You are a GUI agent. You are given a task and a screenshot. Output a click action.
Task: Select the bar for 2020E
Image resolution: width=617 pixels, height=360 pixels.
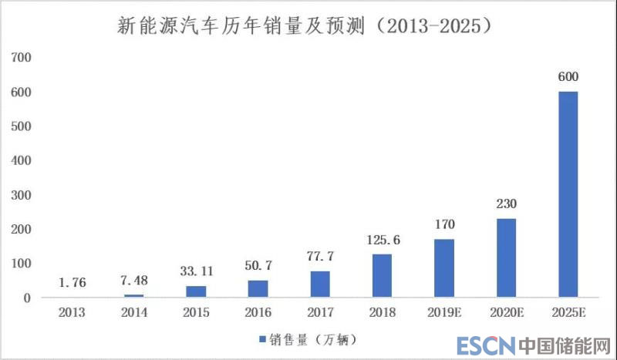tap(506, 257)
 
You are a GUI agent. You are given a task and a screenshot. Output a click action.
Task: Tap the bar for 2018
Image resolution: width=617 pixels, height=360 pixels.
tap(382, 276)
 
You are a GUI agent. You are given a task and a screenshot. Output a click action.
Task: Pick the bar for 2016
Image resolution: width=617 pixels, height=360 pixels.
tap(258, 288)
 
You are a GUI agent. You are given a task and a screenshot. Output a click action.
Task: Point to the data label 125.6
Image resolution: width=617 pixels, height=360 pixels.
tap(382, 240)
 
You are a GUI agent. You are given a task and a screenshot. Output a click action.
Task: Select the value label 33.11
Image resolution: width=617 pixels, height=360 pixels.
tap(196, 272)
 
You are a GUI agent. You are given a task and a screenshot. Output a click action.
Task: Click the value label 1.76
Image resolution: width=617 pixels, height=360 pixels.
tap(72, 283)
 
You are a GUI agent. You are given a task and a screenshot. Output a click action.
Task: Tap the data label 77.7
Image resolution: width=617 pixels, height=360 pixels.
tap(320, 256)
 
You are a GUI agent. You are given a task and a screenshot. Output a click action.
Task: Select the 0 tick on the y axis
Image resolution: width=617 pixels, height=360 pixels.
tap(25, 298)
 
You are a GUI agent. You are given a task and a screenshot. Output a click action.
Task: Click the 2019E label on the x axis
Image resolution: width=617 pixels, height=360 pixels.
tap(443, 314)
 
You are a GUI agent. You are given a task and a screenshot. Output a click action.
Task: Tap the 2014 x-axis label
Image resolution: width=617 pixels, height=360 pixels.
tap(133, 314)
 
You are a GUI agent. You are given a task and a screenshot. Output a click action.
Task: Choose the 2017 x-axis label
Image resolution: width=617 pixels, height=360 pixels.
tap(320, 314)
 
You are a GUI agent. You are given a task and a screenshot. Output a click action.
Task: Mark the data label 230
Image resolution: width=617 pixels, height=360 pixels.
tap(506, 204)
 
